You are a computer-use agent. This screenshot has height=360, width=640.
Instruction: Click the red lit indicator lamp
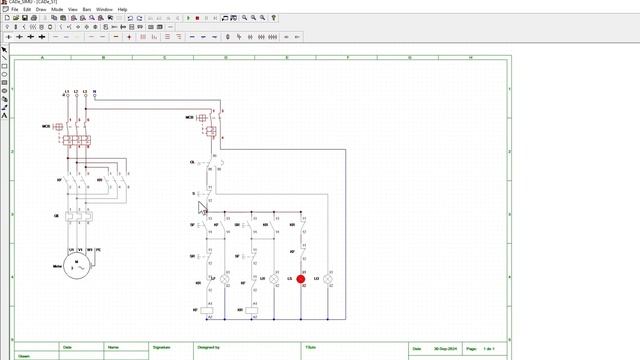(x=287, y=279)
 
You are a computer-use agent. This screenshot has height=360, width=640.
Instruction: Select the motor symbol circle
(x=77, y=267)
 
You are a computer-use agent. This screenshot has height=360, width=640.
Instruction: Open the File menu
(x=14, y=9)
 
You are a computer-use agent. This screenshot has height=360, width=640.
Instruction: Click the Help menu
(x=122, y=9)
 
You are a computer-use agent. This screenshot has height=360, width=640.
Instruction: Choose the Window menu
(x=104, y=9)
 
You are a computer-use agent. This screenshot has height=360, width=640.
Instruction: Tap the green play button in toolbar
(x=188, y=18)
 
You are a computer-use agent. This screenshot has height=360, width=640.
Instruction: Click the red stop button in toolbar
(x=198, y=18)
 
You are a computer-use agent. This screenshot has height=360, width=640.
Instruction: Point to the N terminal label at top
(x=94, y=92)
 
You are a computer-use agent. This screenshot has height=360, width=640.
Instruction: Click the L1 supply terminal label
(x=67, y=92)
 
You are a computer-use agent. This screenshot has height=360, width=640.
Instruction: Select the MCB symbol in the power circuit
(x=58, y=127)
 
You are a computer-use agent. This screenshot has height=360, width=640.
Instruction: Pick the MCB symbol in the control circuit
(x=203, y=118)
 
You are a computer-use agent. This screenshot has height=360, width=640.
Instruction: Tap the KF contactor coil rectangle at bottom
(x=208, y=311)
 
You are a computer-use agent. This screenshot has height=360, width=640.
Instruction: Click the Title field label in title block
(x=310, y=347)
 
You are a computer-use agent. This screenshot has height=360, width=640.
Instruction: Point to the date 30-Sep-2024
(x=446, y=348)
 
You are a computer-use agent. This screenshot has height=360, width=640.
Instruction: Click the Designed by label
(x=208, y=347)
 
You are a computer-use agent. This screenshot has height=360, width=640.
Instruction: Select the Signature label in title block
(x=161, y=347)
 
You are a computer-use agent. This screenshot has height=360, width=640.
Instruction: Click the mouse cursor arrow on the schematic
(x=201, y=207)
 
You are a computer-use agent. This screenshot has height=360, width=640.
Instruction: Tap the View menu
(x=73, y=9)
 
